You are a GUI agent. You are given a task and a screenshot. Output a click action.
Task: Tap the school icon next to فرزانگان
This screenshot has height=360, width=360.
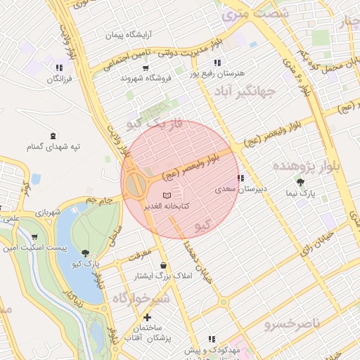point(59,68)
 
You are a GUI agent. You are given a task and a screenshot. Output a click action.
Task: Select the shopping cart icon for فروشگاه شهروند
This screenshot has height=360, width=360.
point(146,68)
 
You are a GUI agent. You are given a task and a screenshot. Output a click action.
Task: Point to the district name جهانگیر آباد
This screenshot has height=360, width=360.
point(247,91)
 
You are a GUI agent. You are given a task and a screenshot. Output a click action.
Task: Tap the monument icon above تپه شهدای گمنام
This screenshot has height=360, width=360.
point(53,136)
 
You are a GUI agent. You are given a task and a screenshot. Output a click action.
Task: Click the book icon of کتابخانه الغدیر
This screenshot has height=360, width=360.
point(166,195)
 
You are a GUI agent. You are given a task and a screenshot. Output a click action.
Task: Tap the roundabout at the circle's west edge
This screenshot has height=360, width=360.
point(136,186)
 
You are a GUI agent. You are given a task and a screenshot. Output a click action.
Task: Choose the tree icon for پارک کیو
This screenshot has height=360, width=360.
point(85,253)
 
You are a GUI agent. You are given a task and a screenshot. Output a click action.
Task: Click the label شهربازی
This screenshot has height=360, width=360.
point(50,212)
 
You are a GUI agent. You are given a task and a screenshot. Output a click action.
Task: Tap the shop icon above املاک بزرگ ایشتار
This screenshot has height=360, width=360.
point(164,265)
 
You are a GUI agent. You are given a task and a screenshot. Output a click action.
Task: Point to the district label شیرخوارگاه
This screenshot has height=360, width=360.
point(141,299)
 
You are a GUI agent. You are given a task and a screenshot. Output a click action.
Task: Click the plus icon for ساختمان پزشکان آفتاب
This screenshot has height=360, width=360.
point(147,318)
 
